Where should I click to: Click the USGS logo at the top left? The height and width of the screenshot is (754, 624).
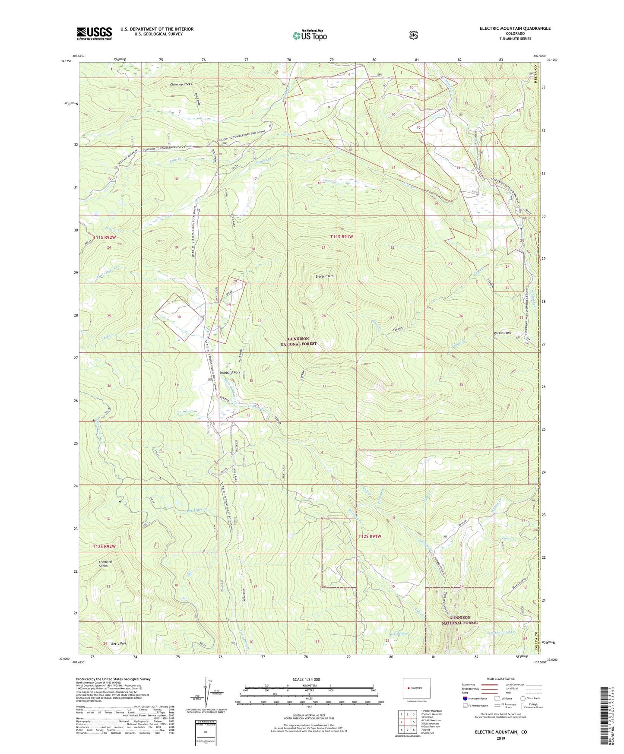(x=94, y=33)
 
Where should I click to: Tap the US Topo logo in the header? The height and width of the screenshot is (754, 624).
(x=309, y=35)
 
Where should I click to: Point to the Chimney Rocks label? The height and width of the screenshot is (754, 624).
(x=181, y=84)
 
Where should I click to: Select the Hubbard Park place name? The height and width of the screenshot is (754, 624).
(x=230, y=372)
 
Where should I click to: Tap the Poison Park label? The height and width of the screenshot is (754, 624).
(x=502, y=333)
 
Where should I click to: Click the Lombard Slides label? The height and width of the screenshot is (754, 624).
(x=102, y=564)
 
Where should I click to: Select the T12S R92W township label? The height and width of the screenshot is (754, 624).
(x=105, y=546)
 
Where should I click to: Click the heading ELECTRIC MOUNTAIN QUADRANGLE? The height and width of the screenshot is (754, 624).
(x=515, y=29)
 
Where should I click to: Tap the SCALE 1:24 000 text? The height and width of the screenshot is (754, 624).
(x=306, y=679)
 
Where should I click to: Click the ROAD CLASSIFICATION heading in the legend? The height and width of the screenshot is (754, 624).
(x=500, y=679)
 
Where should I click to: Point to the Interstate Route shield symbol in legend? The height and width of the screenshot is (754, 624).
(x=465, y=698)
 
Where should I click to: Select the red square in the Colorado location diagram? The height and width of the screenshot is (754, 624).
(x=408, y=688)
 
